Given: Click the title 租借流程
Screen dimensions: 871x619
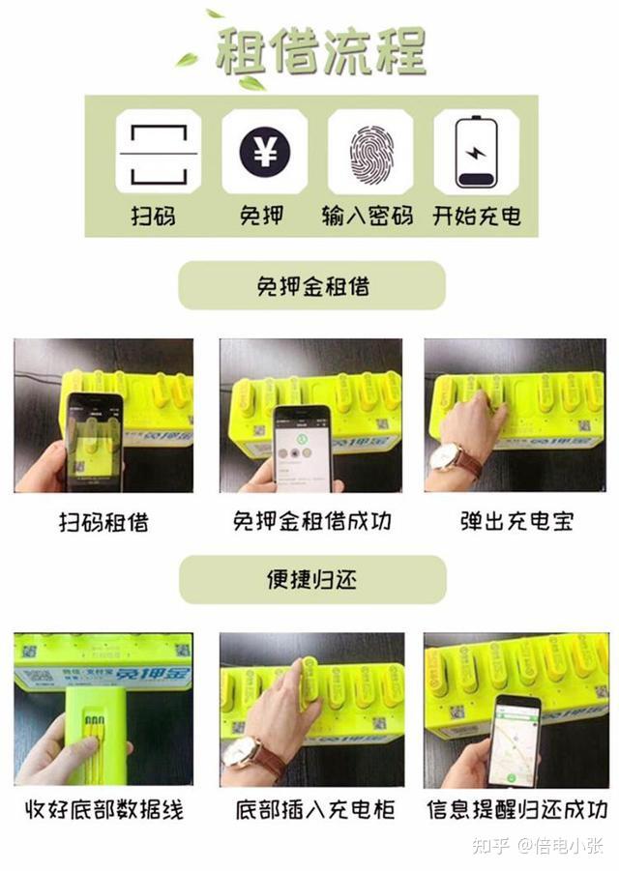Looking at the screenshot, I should (320, 50).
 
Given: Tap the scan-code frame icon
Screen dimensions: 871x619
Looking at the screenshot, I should (159, 153).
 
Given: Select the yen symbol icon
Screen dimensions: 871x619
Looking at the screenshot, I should (264, 153).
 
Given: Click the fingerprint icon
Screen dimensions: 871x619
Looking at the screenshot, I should (369, 153).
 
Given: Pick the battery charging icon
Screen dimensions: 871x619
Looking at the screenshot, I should (476, 153).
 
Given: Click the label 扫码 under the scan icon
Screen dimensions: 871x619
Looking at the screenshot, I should (154, 215).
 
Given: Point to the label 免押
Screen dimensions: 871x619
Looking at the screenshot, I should (262, 215).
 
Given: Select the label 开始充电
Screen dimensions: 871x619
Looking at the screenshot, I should (477, 215).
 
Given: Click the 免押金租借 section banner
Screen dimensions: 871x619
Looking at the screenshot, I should (311, 286).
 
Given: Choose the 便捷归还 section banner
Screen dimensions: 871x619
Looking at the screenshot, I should (311, 579).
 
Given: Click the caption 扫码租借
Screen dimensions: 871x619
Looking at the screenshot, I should (104, 523).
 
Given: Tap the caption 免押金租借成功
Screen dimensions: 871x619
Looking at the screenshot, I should (311, 523).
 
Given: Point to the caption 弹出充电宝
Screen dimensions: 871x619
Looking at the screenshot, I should (516, 523).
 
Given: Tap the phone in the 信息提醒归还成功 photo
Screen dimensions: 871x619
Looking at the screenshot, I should (513, 740).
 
